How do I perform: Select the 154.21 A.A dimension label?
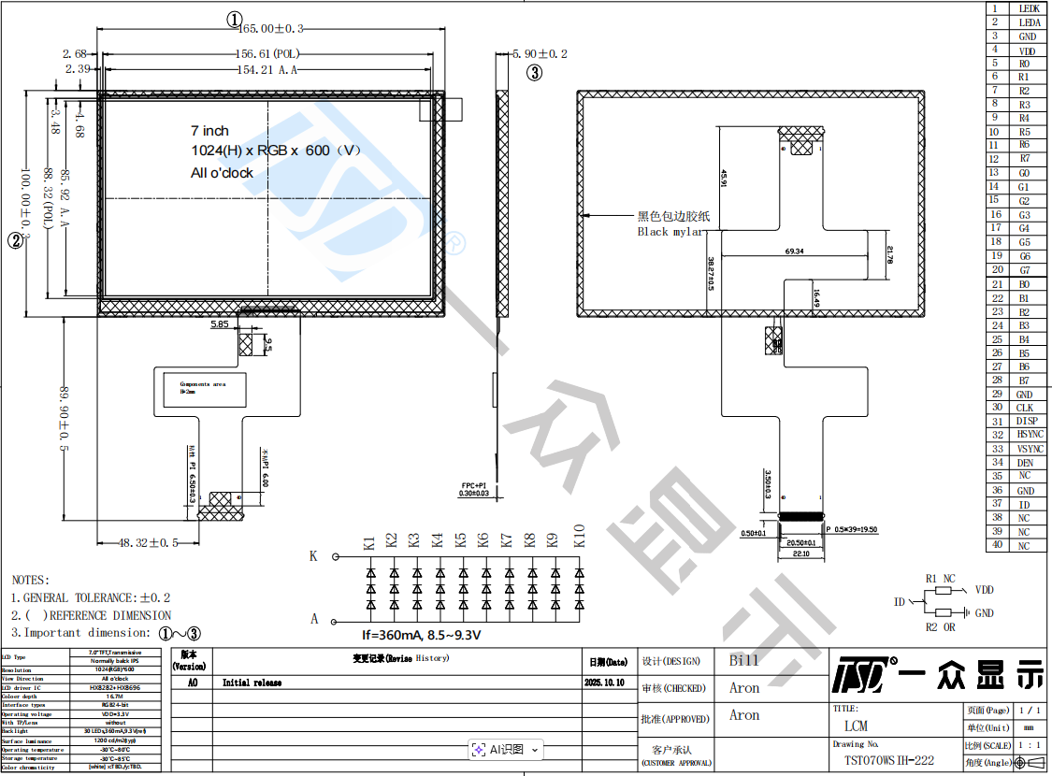pos(267,69)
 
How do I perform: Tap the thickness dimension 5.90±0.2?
pos(540,54)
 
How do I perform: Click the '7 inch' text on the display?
pos(209,131)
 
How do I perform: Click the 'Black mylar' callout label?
pos(670,232)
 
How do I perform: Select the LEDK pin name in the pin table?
pos(1029,8)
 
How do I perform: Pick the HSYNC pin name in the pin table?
pos(1029,435)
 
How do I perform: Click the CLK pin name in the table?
pos(1025,408)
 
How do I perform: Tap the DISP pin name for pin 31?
pos(1026,422)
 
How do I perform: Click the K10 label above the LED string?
pos(579,536)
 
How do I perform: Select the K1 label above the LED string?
pos(369,541)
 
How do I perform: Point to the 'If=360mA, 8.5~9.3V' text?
pos(421,635)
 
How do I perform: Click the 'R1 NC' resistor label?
pos(940,579)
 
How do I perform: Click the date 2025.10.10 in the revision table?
pos(605,683)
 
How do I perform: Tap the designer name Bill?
pos(743,660)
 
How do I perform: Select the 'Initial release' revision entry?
pos(252,683)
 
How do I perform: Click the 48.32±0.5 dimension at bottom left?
pos(148,542)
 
